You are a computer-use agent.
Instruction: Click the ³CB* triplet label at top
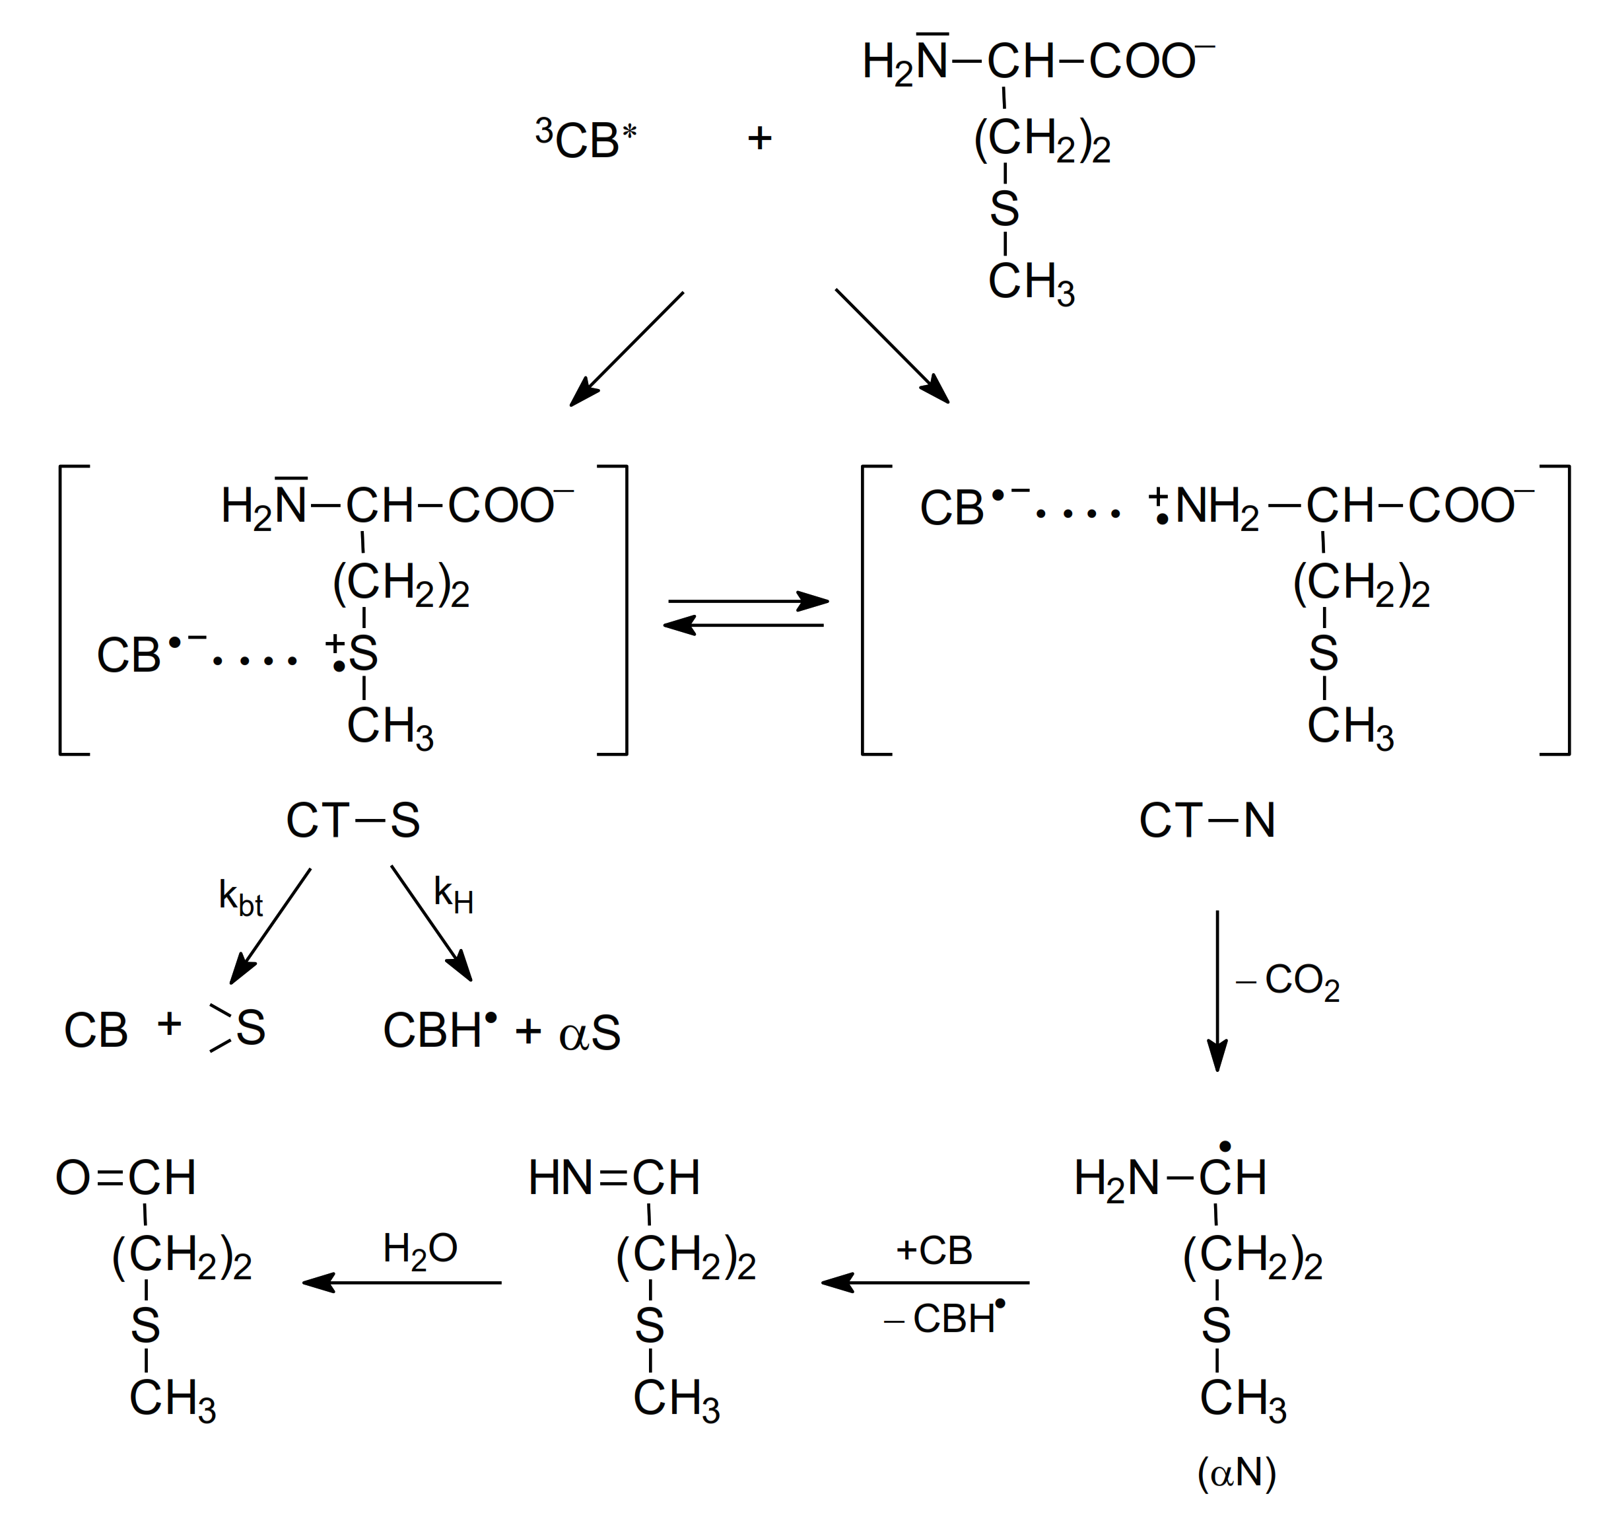(586, 139)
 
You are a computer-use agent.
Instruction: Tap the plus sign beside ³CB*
(759, 139)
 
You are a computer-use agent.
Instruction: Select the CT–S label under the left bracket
(353, 820)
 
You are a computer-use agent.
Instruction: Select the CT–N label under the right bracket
(1207, 820)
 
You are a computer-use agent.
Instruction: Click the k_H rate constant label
(454, 894)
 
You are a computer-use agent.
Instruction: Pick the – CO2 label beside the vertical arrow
(1288, 982)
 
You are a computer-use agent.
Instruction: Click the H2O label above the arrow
(420, 1249)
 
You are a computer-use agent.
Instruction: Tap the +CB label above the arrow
(934, 1250)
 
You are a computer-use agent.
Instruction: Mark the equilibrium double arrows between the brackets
(745, 613)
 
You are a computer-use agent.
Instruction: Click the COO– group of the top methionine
(1150, 61)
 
